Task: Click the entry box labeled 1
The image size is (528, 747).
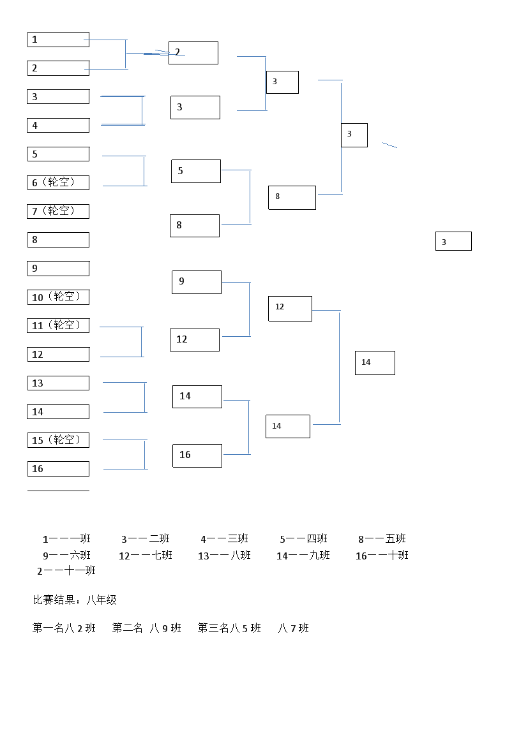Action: [57, 40]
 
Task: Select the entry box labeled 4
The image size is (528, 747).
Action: [57, 126]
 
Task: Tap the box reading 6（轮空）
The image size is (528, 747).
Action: [57, 182]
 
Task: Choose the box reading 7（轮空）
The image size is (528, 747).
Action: [57, 211]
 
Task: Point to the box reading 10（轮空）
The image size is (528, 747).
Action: [57, 297]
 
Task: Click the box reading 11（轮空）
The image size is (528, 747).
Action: [57, 326]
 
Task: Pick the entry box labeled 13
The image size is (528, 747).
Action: [57, 383]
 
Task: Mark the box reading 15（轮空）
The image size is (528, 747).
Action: [57, 440]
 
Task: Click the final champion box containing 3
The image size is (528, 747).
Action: [453, 242]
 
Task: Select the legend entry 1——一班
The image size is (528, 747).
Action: [66, 539]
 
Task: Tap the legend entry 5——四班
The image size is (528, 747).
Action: [303, 539]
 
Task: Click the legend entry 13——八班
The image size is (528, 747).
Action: [224, 556]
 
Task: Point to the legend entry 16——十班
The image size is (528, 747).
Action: [382, 556]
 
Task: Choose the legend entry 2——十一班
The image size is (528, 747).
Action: [66, 571]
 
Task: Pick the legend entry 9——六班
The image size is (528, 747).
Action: [66, 556]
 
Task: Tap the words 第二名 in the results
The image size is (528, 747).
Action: [128, 628]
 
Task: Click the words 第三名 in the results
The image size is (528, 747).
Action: [213, 628]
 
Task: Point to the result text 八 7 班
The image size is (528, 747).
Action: [294, 628]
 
